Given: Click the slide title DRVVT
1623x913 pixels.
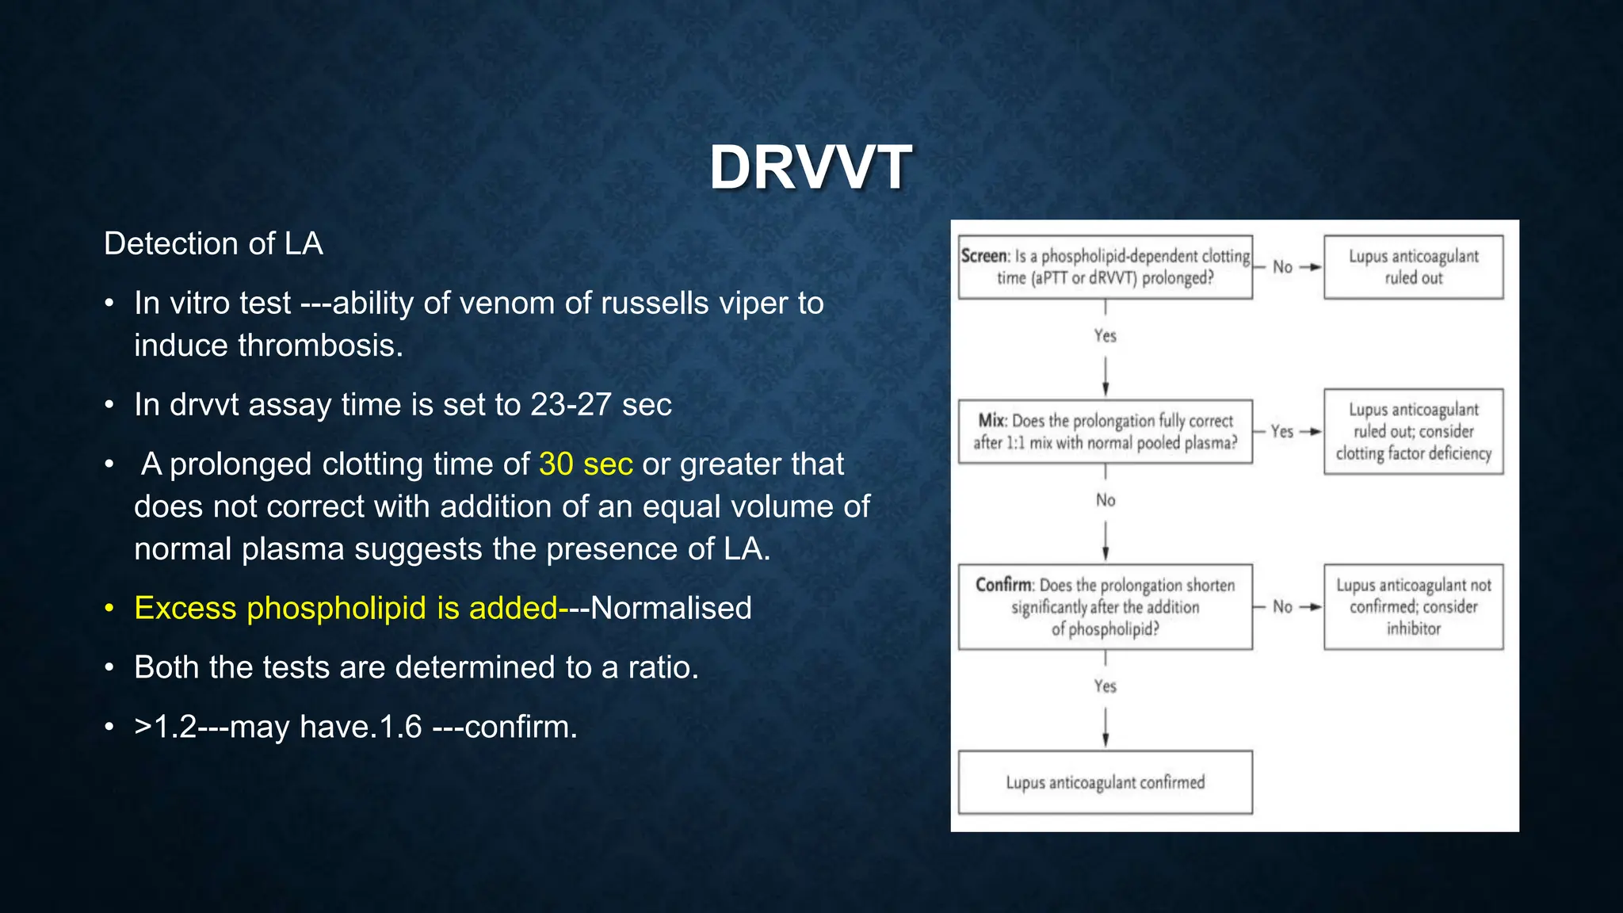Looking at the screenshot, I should click(x=811, y=167).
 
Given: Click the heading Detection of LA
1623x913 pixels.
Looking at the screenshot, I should click(x=213, y=243).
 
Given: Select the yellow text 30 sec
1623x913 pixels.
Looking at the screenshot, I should click(x=586, y=464).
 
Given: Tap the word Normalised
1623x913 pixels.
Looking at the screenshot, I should click(x=671, y=608).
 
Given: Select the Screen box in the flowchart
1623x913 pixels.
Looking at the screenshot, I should click(x=1105, y=267).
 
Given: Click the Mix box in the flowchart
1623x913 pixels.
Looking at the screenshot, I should click(x=1105, y=432).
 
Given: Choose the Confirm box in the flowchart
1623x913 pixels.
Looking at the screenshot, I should click(x=1105, y=607).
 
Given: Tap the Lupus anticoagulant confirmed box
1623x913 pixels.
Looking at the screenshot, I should click(x=1105, y=782).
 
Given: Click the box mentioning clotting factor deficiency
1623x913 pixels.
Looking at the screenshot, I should click(x=1413, y=432).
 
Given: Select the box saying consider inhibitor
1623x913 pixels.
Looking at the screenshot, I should click(x=1413, y=607).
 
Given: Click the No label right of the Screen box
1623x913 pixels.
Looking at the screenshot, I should click(x=1282, y=267).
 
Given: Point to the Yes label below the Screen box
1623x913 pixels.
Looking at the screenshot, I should click(x=1105, y=336).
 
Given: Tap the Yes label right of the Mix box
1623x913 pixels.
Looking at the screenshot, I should click(x=1281, y=432).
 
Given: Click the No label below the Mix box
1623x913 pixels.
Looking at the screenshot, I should click(x=1105, y=500).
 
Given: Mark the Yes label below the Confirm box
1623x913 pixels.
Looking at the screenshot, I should click(x=1105, y=686).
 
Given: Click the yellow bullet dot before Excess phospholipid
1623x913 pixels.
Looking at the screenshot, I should click(x=110, y=609).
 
